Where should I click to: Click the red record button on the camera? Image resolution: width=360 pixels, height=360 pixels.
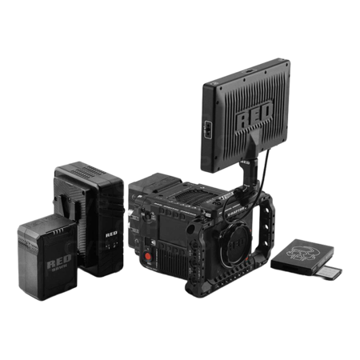(147, 258)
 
